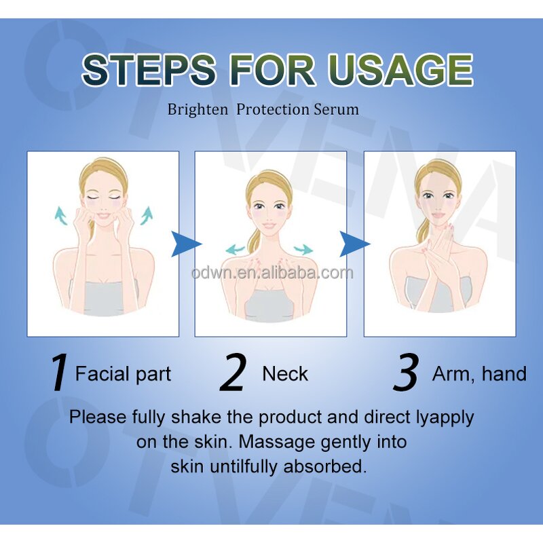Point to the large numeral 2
(233, 373)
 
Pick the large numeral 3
(406, 373)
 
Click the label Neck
(285, 374)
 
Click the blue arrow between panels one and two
(185, 244)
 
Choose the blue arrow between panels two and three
(354, 244)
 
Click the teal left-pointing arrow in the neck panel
(235, 249)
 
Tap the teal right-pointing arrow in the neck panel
(303, 249)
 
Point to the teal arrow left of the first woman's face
(61, 216)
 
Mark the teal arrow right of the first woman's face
(147, 215)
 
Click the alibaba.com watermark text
(272, 274)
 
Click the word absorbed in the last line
(325, 466)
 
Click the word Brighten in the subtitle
(198, 110)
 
